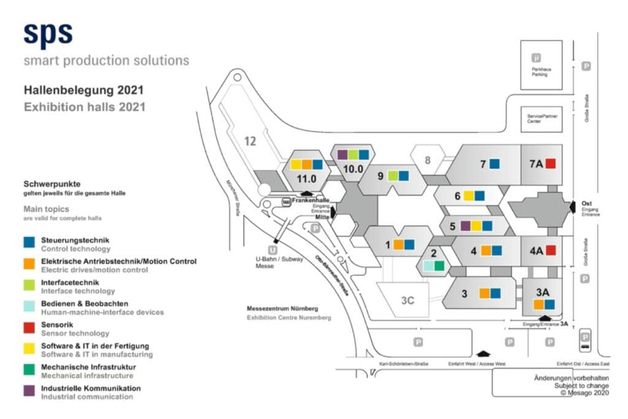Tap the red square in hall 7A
[550, 164]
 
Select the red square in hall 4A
[550, 250]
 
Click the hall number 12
[250, 141]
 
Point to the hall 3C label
[408, 301]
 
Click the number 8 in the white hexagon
[428, 161]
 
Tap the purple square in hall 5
[465, 226]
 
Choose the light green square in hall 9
[393, 176]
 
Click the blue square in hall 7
[494, 164]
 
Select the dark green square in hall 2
[439, 266]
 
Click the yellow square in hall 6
[469, 196]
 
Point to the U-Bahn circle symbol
[273, 250]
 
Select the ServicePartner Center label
[542, 118]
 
